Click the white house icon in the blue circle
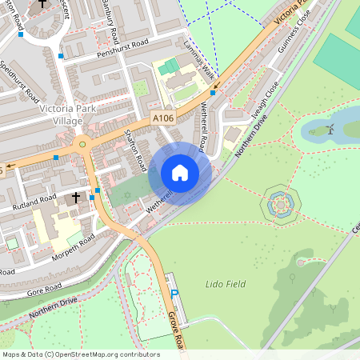180,172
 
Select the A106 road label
163,118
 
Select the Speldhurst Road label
20,80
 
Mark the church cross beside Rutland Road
77,196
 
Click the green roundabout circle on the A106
82,145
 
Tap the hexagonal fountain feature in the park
281,205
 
